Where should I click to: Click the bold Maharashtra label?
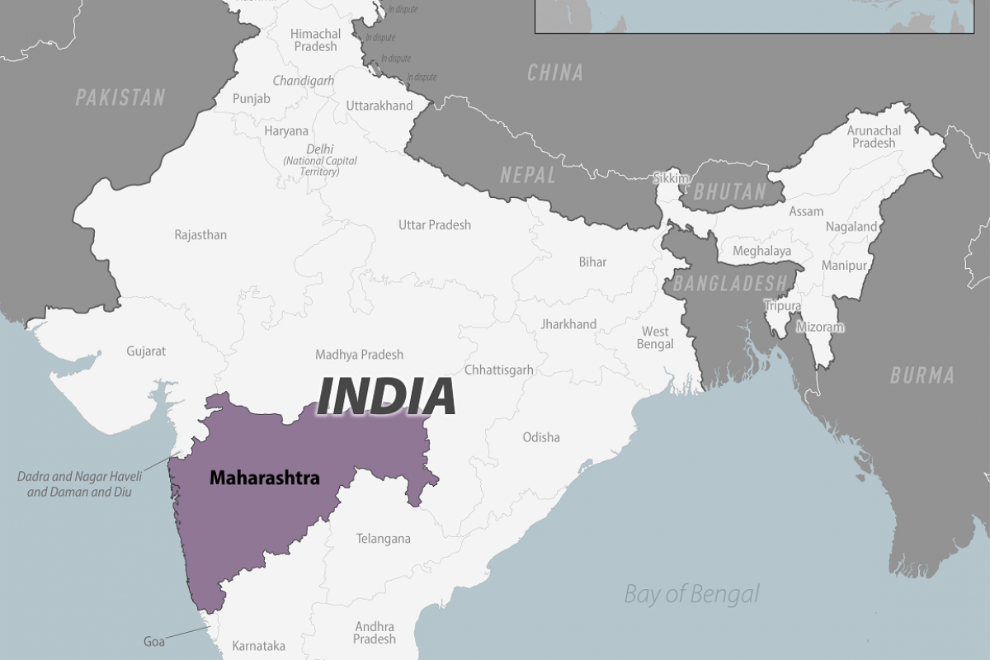click(x=264, y=477)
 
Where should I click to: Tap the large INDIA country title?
click(x=386, y=396)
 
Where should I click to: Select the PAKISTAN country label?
click(x=120, y=97)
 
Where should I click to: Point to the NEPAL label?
click(x=527, y=175)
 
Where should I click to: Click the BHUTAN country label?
click(x=729, y=192)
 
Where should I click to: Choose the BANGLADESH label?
click(x=729, y=283)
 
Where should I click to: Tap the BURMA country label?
click(x=922, y=375)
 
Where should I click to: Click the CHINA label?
click(x=554, y=73)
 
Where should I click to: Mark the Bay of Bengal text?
click(x=691, y=593)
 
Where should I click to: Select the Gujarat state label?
click(x=146, y=351)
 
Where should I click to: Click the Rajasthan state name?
click(x=200, y=235)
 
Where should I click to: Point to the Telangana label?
click(x=383, y=539)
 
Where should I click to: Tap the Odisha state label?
click(x=541, y=437)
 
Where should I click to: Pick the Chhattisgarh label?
click(x=499, y=370)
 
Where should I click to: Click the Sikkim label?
click(x=671, y=177)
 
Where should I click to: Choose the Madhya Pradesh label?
click(x=360, y=355)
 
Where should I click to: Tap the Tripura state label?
click(x=782, y=306)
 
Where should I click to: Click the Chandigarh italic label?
click(x=304, y=81)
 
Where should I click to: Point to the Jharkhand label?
click(x=568, y=324)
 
